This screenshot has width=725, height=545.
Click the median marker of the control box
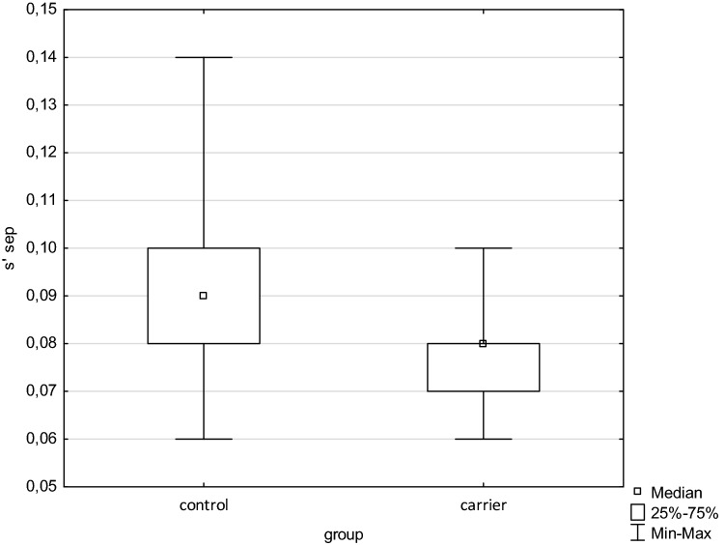(x=203, y=296)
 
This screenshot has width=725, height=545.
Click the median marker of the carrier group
(x=483, y=343)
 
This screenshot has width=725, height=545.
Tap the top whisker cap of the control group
(x=203, y=57)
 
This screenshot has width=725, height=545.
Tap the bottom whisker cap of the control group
(x=203, y=439)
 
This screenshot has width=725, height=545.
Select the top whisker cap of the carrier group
(x=483, y=248)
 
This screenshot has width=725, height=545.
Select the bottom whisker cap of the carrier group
(x=483, y=439)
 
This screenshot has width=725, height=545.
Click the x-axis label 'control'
(x=203, y=505)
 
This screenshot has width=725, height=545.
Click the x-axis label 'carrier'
(x=483, y=505)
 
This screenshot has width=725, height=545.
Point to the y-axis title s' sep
(x=12, y=247)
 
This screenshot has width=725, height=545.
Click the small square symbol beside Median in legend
(x=637, y=492)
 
